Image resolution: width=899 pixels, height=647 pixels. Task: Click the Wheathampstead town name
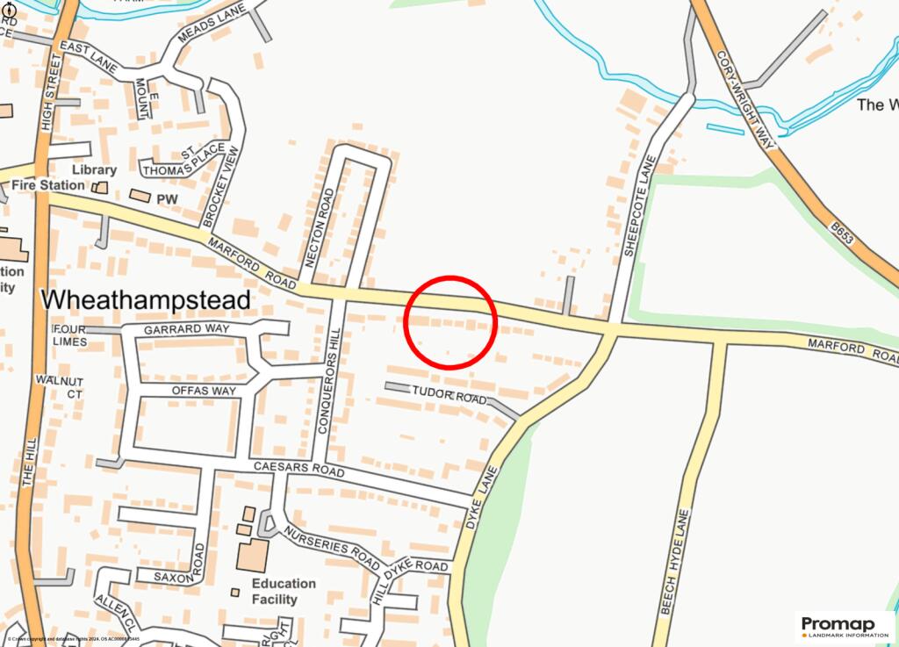(x=147, y=300)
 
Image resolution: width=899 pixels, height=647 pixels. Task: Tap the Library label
(x=95, y=169)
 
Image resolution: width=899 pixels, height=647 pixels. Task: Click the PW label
(x=167, y=199)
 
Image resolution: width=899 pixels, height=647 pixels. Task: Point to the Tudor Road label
(x=449, y=398)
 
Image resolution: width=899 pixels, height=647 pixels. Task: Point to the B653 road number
(x=841, y=233)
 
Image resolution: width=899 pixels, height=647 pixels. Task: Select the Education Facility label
(x=283, y=592)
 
